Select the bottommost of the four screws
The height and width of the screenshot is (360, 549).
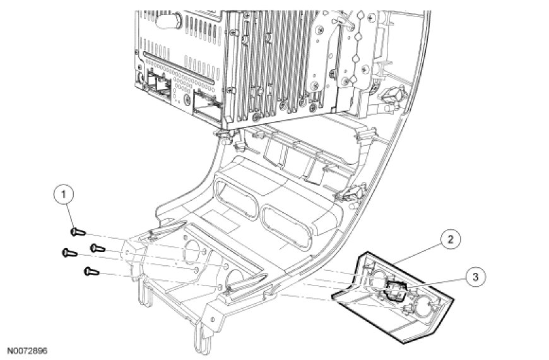[x=88, y=272]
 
